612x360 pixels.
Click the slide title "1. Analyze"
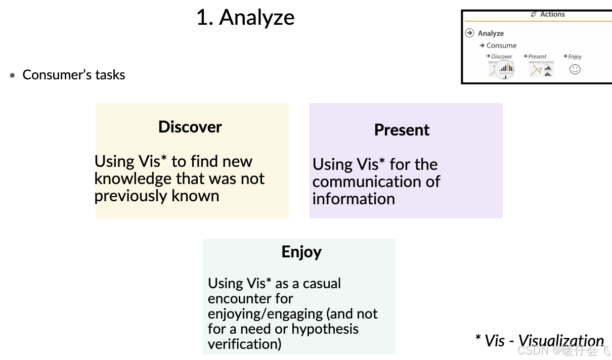click(x=245, y=18)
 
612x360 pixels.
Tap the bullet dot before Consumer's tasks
click(x=13, y=75)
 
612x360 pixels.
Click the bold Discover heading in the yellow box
click(x=190, y=126)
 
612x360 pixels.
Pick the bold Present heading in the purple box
click(x=402, y=130)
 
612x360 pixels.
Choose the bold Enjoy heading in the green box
click(x=301, y=252)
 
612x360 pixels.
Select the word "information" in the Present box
click(x=354, y=199)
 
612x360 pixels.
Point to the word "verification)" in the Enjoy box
click(x=244, y=344)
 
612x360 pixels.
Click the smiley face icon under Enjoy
click(x=575, y=69)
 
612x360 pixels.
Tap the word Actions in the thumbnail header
click(x=552, y=14)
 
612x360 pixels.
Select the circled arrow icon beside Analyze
click(x=469, y=33)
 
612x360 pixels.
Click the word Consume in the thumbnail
click(x=501, y=46)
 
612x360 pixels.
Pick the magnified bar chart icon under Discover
click(x=504, y=69)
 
